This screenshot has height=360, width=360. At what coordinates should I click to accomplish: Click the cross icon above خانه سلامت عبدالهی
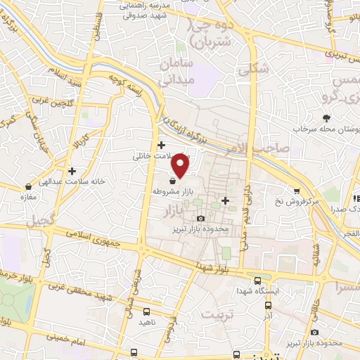72,170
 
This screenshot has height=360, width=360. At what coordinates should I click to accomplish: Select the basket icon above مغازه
27,187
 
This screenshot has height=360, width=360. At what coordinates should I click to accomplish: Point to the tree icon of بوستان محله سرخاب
326,119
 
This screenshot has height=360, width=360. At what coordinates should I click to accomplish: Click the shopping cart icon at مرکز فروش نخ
298,190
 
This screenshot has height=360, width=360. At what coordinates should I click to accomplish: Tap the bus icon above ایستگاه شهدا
257,279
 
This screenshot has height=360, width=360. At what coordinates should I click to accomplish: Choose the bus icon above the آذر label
268,306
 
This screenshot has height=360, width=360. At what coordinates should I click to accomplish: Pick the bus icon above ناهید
146,311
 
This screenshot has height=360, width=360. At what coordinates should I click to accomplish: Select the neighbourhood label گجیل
40,221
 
